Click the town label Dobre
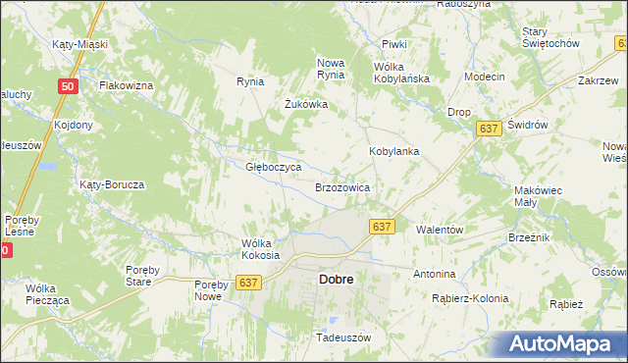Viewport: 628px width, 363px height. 336,280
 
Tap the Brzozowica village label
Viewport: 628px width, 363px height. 341,186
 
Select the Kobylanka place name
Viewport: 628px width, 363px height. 393,152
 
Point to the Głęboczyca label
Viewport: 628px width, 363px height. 265,167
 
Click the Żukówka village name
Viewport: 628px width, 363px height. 305,104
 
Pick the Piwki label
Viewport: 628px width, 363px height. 394,45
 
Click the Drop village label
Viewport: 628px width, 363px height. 458,113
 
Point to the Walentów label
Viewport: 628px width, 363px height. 440,229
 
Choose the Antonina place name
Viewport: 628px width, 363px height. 435,274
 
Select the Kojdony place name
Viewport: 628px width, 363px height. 74,125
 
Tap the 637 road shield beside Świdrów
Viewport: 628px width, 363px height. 488,129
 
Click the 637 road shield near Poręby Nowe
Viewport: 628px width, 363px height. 248,282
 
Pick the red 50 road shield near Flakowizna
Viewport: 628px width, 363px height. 67,86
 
